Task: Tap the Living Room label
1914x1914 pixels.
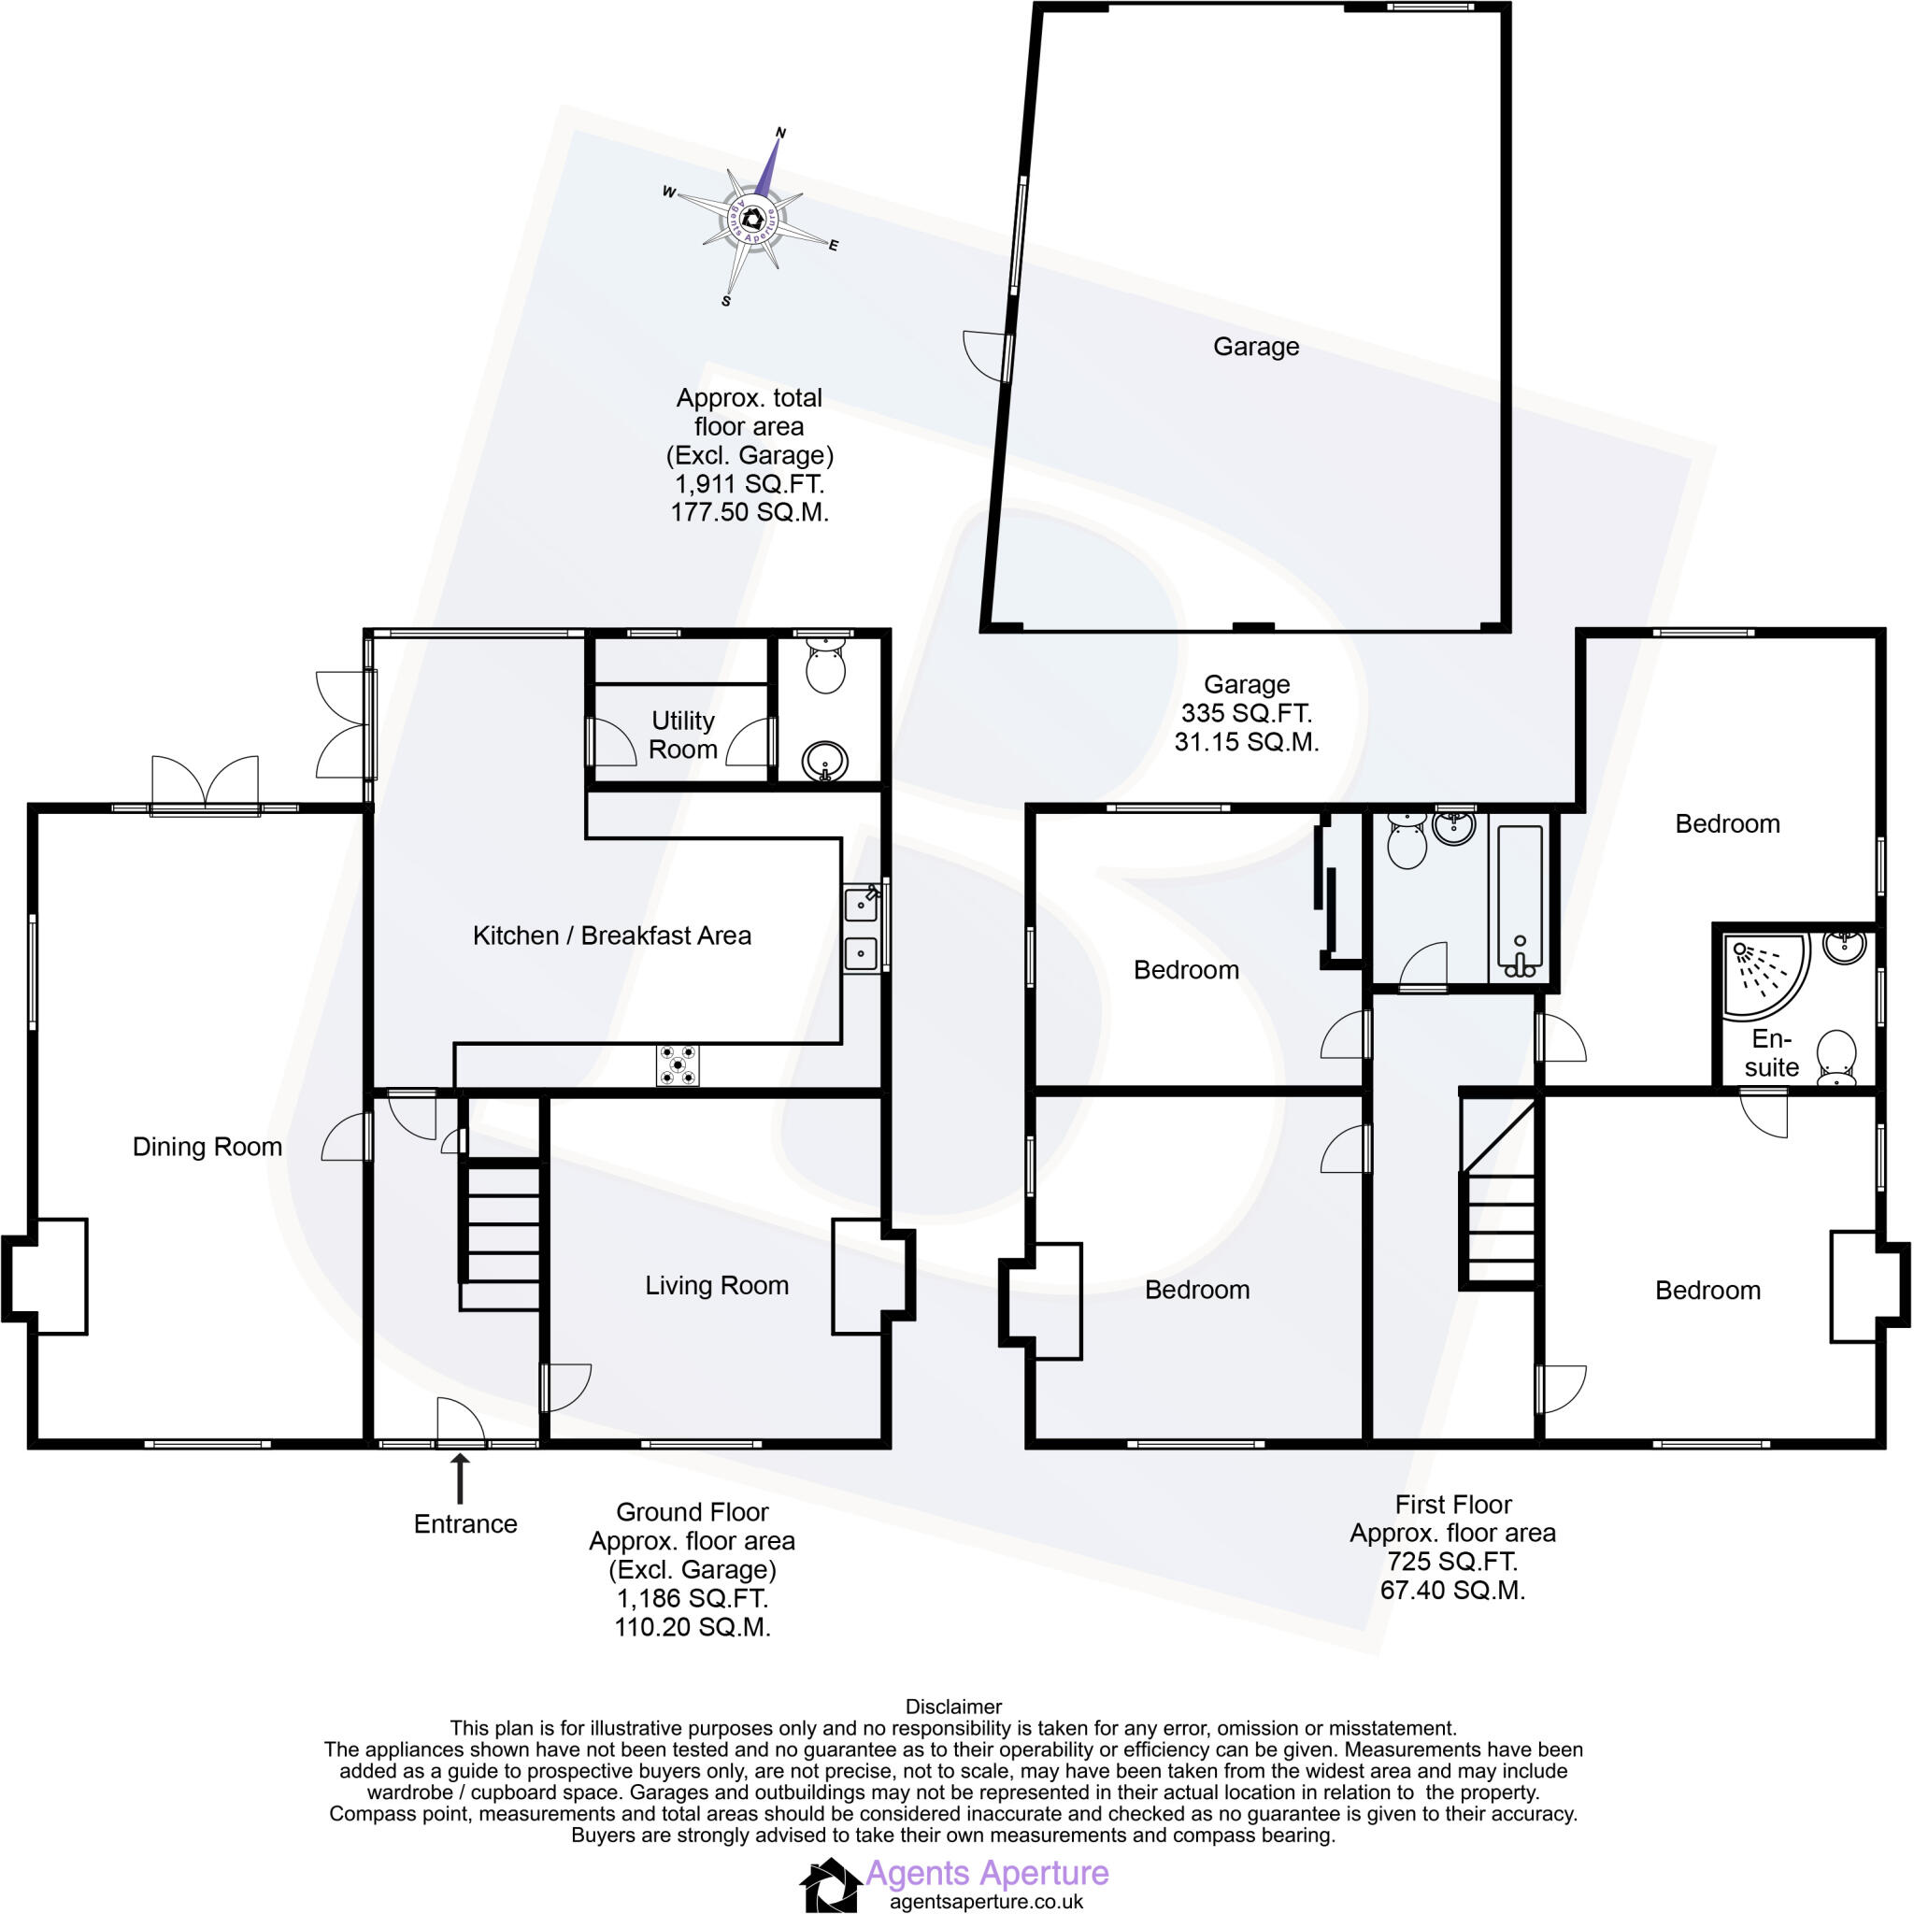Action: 716,1285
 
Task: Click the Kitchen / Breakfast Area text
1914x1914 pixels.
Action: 611,936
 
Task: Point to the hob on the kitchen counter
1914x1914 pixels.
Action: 677,1065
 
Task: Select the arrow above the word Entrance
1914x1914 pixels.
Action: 460,1478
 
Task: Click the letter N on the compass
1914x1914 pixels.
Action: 779,133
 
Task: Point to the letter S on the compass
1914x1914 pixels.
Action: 726,301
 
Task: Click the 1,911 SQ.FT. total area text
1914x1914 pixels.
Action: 749,484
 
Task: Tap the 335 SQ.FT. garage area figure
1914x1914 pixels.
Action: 1247,712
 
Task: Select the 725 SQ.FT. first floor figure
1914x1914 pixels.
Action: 1452,1562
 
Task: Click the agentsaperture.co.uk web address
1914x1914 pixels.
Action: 986,1901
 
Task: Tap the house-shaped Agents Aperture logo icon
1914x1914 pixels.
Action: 829,1885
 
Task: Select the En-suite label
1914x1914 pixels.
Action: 1771,1053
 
